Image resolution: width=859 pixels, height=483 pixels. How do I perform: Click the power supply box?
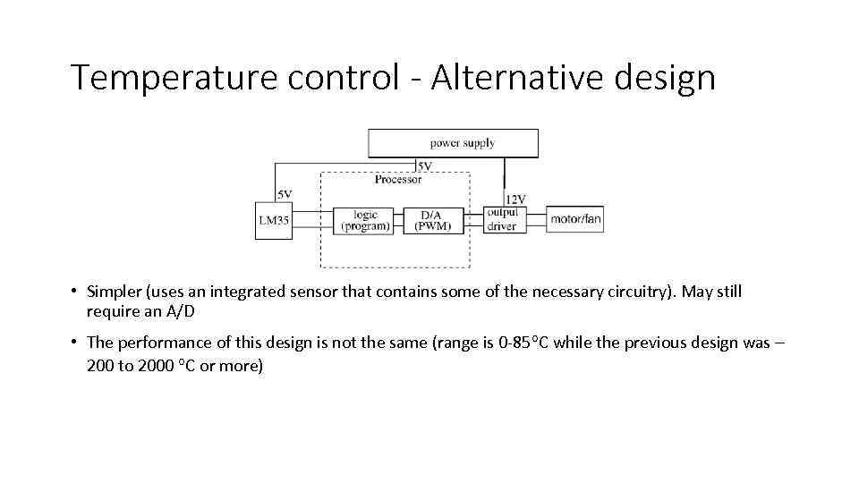pos(454,143)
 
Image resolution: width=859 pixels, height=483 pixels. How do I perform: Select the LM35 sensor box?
pos(274,220)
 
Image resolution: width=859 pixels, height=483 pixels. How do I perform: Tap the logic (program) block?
pos(365,220)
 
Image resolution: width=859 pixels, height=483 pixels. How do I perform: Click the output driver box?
pos(502,220)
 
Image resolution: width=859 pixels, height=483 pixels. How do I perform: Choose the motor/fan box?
pos(575,220)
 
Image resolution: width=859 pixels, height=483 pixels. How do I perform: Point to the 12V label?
pos(515,199)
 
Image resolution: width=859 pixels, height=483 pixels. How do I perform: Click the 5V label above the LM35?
pos(284,194)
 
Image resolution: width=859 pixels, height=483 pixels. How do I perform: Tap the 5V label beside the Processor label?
pos(424,166)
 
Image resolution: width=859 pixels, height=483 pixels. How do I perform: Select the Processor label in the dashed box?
pos(397,179)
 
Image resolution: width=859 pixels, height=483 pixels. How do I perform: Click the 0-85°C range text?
pos(524,343)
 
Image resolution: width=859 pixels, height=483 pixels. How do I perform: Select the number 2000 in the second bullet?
pos(156,366)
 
